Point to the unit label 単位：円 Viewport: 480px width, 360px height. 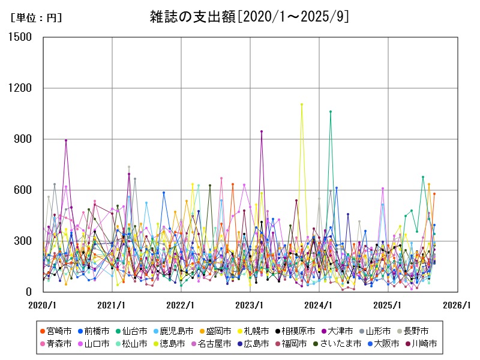tap(36, 18)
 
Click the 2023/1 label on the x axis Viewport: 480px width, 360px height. tap(250, 305)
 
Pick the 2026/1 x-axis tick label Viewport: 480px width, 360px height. tap(457, 305)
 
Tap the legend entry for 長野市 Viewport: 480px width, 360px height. tap(414, 331)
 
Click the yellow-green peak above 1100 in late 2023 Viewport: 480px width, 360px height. tap(302, 104)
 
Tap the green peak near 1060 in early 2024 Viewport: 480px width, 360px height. tap(331, 112)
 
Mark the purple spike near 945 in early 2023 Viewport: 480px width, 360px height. tap(262, 131)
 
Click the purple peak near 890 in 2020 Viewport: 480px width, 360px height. tap(66, 140)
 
